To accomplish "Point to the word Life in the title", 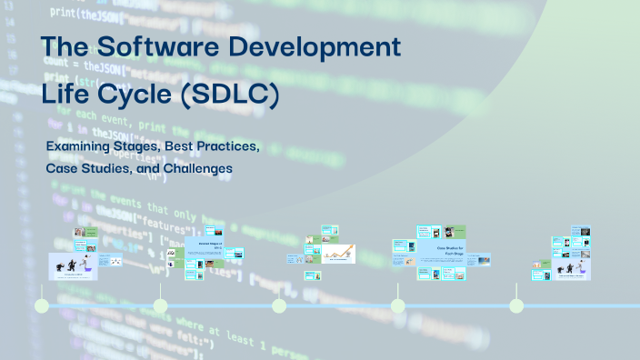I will point(68,94).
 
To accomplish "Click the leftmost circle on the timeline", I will point(42,306).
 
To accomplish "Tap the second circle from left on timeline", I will point(160,306).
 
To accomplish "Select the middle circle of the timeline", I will point(279,306).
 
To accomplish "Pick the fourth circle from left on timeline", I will point(397,306).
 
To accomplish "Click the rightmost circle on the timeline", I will point(516,306).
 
